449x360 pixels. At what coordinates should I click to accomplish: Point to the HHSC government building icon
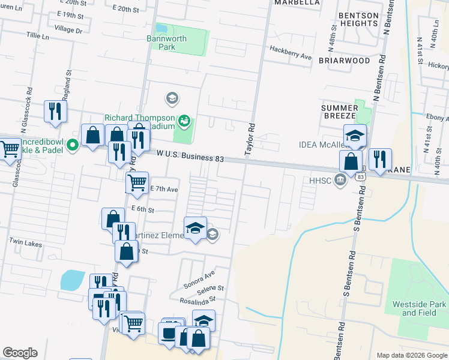tap(340, 180)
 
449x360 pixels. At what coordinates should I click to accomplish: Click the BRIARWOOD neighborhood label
tap(344, 61)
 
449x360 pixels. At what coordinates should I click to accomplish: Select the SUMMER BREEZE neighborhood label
tap(339, 111)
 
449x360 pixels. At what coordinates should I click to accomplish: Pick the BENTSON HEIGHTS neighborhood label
tap(358, 19)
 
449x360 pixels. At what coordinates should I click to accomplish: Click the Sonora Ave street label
tap(200, 277)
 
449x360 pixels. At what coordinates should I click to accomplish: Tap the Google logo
tap(20, 353)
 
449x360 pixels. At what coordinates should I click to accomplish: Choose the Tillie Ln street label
tap(37, 36)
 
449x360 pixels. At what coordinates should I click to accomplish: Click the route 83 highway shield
tap(360, 177)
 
